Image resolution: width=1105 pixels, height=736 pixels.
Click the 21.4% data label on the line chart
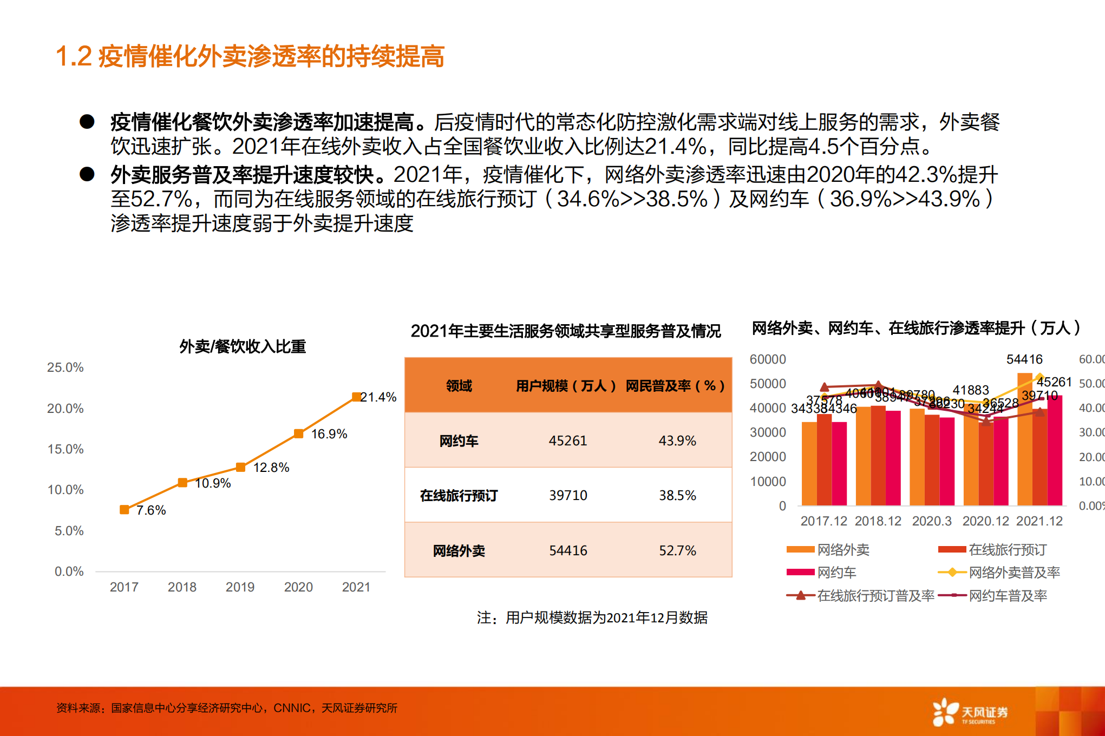[378, 397]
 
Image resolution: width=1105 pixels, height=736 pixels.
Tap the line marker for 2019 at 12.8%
[240, 467]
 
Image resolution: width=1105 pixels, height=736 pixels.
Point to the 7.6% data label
[151, 510]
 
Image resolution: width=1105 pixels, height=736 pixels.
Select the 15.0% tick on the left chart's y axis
[66, 449]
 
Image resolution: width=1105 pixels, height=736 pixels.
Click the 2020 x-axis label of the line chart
[298, 587]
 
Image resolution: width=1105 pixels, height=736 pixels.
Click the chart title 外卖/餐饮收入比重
[243, 346]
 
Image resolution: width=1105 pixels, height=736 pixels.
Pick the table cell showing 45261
[567, 441]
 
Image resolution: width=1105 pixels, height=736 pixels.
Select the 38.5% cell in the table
[677, 495]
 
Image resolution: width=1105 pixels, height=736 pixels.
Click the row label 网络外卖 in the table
[459, 551]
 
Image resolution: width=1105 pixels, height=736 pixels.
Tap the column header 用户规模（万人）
[566, 386]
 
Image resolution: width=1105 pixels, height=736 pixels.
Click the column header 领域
[459, 386]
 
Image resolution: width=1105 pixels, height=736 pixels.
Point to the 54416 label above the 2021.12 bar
[1024, 359]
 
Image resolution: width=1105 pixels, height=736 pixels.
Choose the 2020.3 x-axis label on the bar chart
[931, 521]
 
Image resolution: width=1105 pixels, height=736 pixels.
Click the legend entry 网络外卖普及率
[1014, 573]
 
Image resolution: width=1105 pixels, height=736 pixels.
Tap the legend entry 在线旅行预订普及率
[875, 596]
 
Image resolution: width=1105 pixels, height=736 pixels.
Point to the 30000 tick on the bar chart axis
[768, 432]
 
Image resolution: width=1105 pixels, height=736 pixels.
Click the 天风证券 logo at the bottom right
[970, 712]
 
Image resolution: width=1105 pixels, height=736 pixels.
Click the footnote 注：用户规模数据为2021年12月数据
[592, 617]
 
